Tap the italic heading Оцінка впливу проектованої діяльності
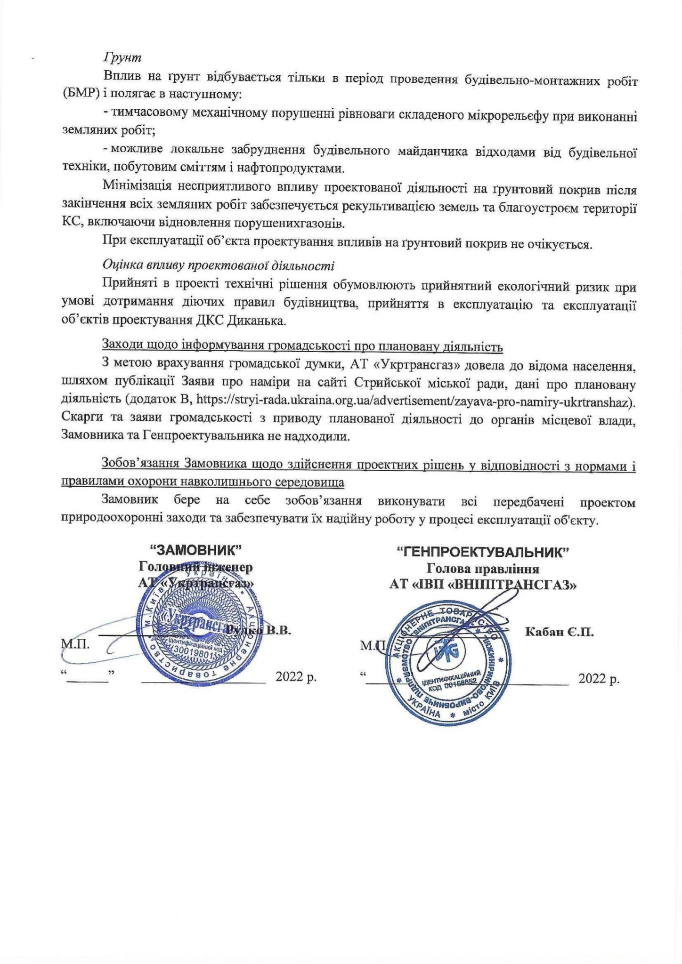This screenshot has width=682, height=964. pos(218,265)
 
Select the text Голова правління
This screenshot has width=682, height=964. pos(483,568)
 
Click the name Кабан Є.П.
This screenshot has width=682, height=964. pos(559,632)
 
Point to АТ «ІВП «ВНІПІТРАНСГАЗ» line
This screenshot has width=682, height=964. pos(483,585)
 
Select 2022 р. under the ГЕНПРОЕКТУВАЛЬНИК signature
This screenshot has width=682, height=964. pos(599,679)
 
